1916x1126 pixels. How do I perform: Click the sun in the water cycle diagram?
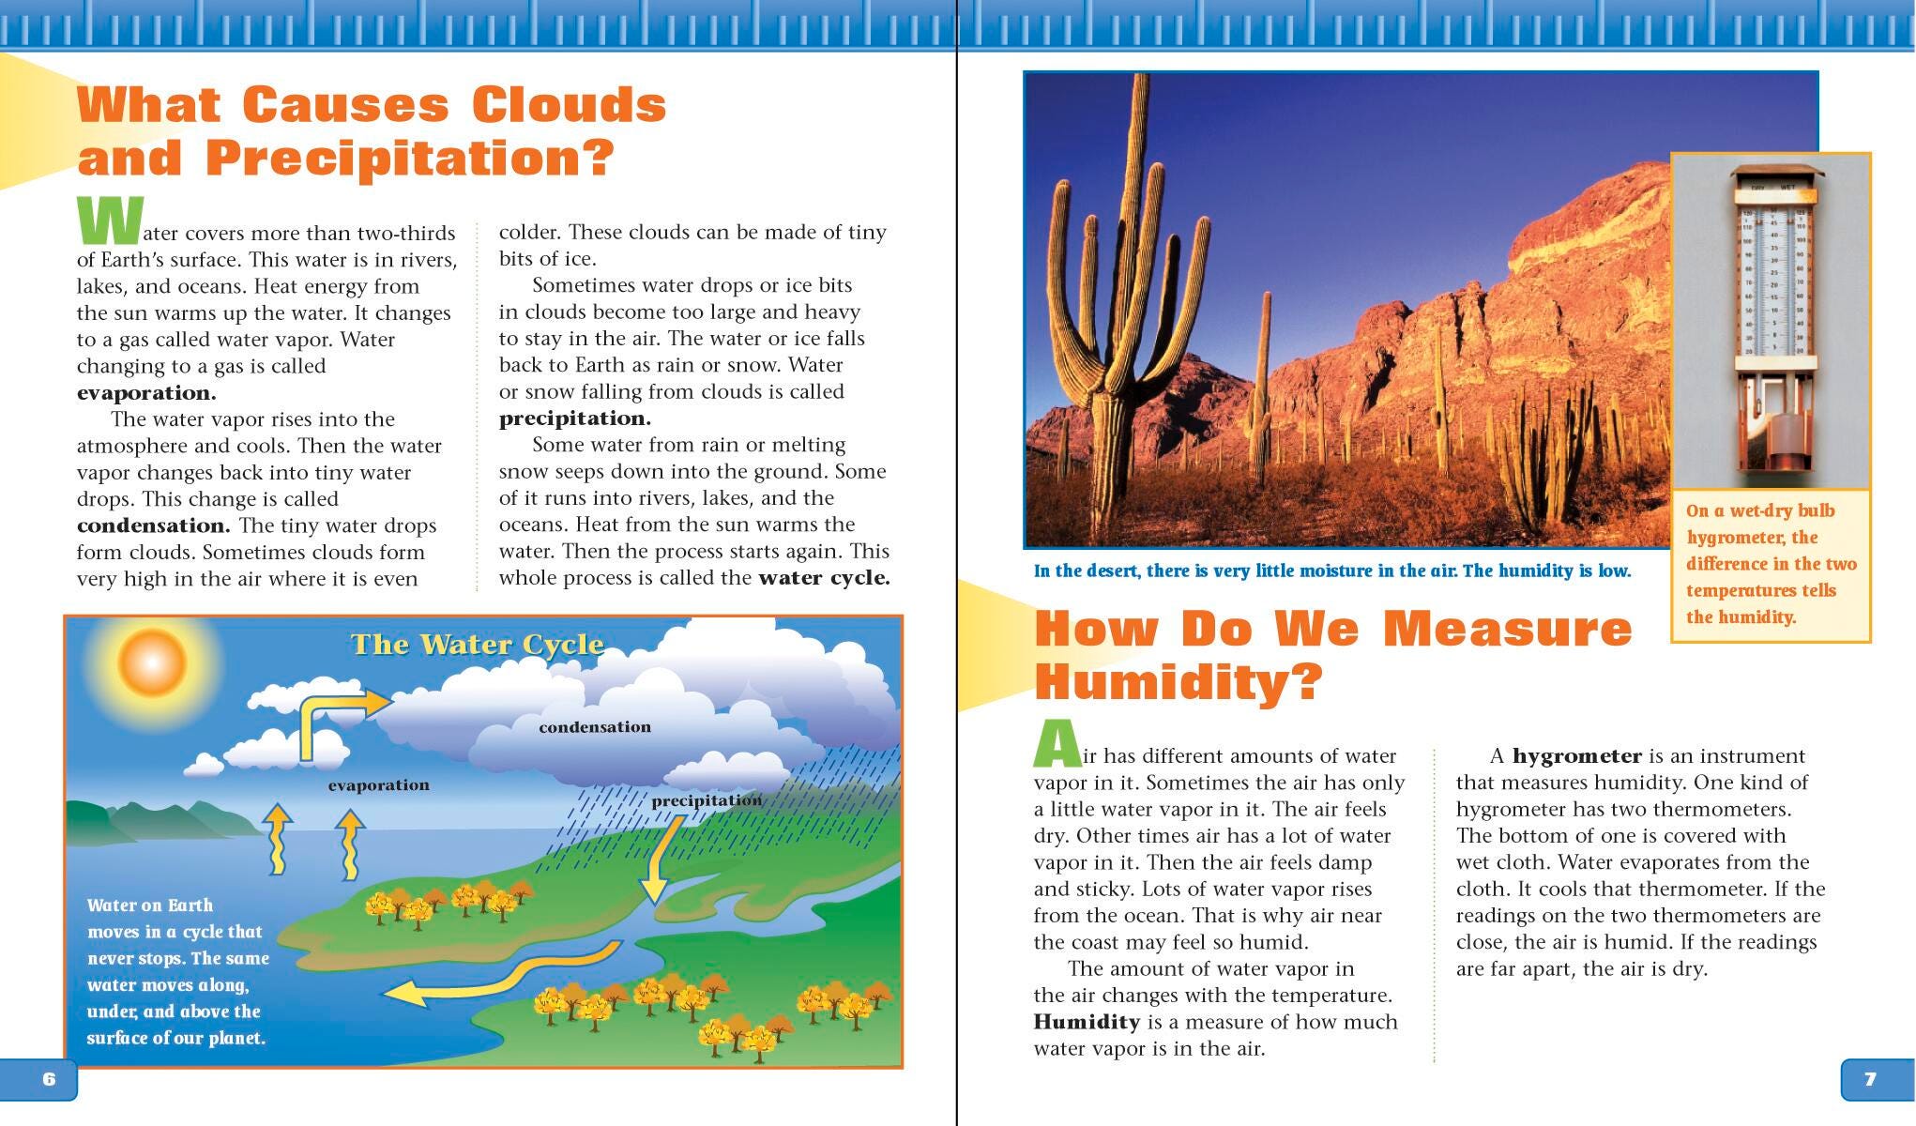(x=150, y=662)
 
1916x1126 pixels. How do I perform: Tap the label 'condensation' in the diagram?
(x=594, y=727)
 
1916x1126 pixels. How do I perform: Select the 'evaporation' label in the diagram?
(x=378, y=785)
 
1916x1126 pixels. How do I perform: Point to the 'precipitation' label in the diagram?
(x=706, y=800)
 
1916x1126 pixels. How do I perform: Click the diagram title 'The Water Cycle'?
(x=477, y=645)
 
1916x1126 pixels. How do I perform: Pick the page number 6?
(x=49, y=1079)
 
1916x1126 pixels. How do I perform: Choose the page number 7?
(x=1869, y=1079)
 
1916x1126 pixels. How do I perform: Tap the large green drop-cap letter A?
(x=1057, y=743)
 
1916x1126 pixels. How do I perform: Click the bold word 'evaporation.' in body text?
(x=146, y=393)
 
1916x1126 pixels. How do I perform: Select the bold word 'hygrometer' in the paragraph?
(x=1576, y=756)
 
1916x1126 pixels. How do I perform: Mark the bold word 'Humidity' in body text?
(x=1087, y=1022)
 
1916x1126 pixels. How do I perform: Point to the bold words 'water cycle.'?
(x=824, y=578)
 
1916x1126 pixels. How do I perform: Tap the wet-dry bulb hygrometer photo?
(x=1771, y=319)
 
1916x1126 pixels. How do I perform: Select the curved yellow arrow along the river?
(x=507, y=976)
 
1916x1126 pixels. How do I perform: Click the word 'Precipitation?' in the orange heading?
(x=409, y=158)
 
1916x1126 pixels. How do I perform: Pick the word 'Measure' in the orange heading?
(x=1508, y=629)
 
